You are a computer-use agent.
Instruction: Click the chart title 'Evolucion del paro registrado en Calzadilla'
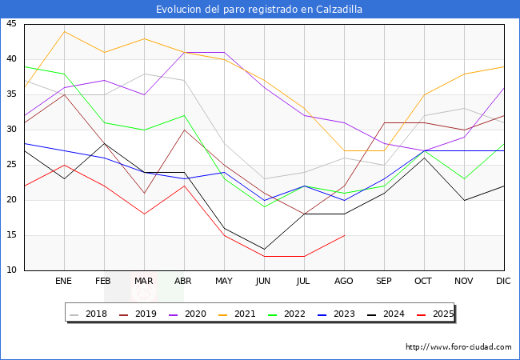click(259, 10)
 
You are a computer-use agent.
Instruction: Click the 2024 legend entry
click(387, 314)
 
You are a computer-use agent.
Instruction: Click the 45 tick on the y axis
click(13, 24)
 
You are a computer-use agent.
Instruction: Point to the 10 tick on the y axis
click(13, 270)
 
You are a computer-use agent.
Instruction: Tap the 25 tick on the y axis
click(13, 165)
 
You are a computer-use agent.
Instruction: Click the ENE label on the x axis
click(64, 282)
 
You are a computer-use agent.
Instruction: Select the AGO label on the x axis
click(344, 282)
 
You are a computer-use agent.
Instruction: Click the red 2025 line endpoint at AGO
click(344, 235)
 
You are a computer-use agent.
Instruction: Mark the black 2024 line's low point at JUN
click(264, 249)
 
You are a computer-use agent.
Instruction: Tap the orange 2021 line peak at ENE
click(64, 31)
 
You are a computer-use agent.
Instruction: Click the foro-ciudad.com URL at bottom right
click(458, 347)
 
